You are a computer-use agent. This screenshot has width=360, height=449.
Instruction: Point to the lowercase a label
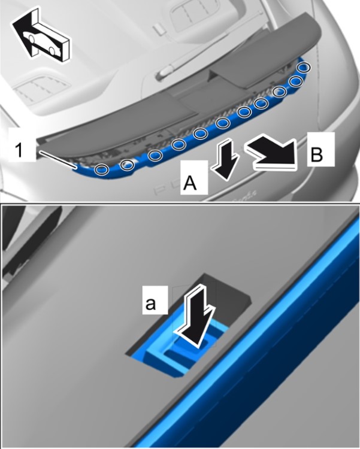pos(151,304)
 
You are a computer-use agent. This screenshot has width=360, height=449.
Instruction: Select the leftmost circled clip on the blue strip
pos(102,169)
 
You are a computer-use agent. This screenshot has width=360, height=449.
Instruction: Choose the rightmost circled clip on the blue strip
pos(304,68)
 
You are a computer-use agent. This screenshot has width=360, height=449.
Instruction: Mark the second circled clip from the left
pos(127,165)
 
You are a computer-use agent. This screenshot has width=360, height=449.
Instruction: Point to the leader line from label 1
pos(58,159)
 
